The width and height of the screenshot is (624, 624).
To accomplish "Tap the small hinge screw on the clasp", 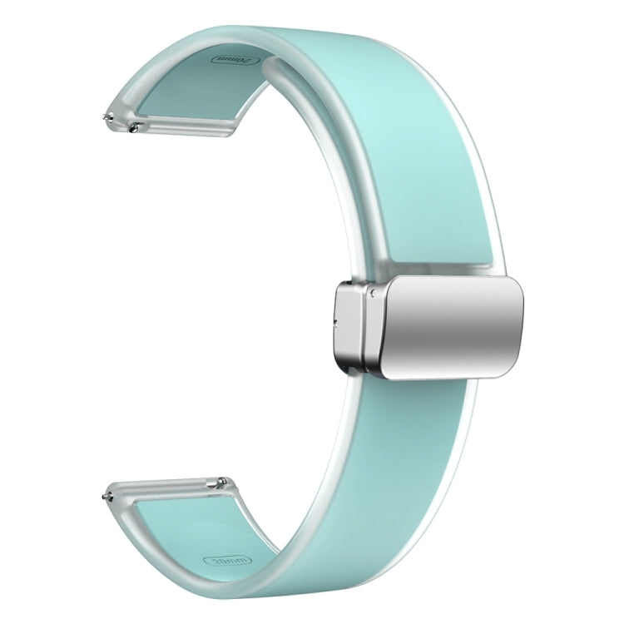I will (376, 293).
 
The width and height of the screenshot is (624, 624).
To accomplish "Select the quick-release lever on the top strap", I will (134, 126).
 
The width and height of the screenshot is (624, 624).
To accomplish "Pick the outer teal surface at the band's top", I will (333, 50).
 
